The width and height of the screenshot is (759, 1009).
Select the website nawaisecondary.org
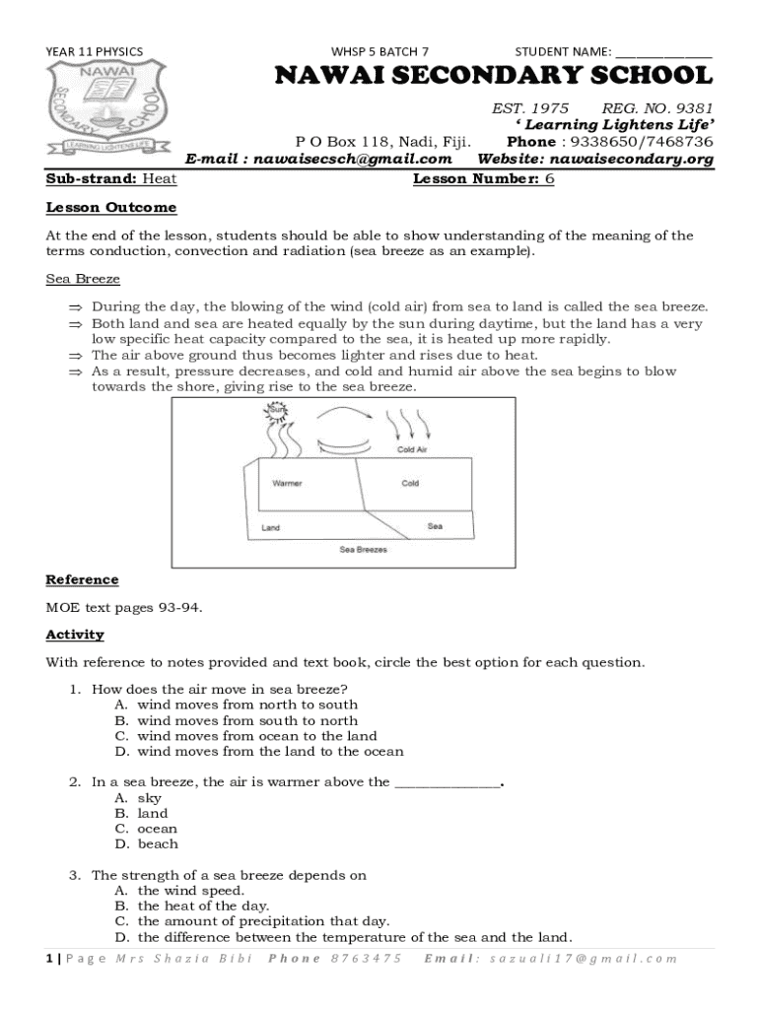click(x=631, y=159)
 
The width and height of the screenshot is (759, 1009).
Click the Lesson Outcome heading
click(x=111, y=208)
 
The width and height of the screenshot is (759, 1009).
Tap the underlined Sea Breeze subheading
click(x=83, y=280)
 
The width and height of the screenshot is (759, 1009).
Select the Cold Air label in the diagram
click(x=411, y=449)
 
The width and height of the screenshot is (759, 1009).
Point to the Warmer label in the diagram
click(x=287, y=484)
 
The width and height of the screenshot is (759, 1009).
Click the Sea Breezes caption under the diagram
click(x=364, y=549)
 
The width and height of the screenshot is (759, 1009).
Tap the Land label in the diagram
click(x=270, y=528)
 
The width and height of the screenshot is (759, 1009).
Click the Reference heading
click(x=82, y=579)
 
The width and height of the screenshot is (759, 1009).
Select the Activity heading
click(x=75, y=635)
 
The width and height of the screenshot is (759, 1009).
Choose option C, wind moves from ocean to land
click(x=256, y=736)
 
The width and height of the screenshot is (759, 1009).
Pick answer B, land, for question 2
click(x=152, y=814)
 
